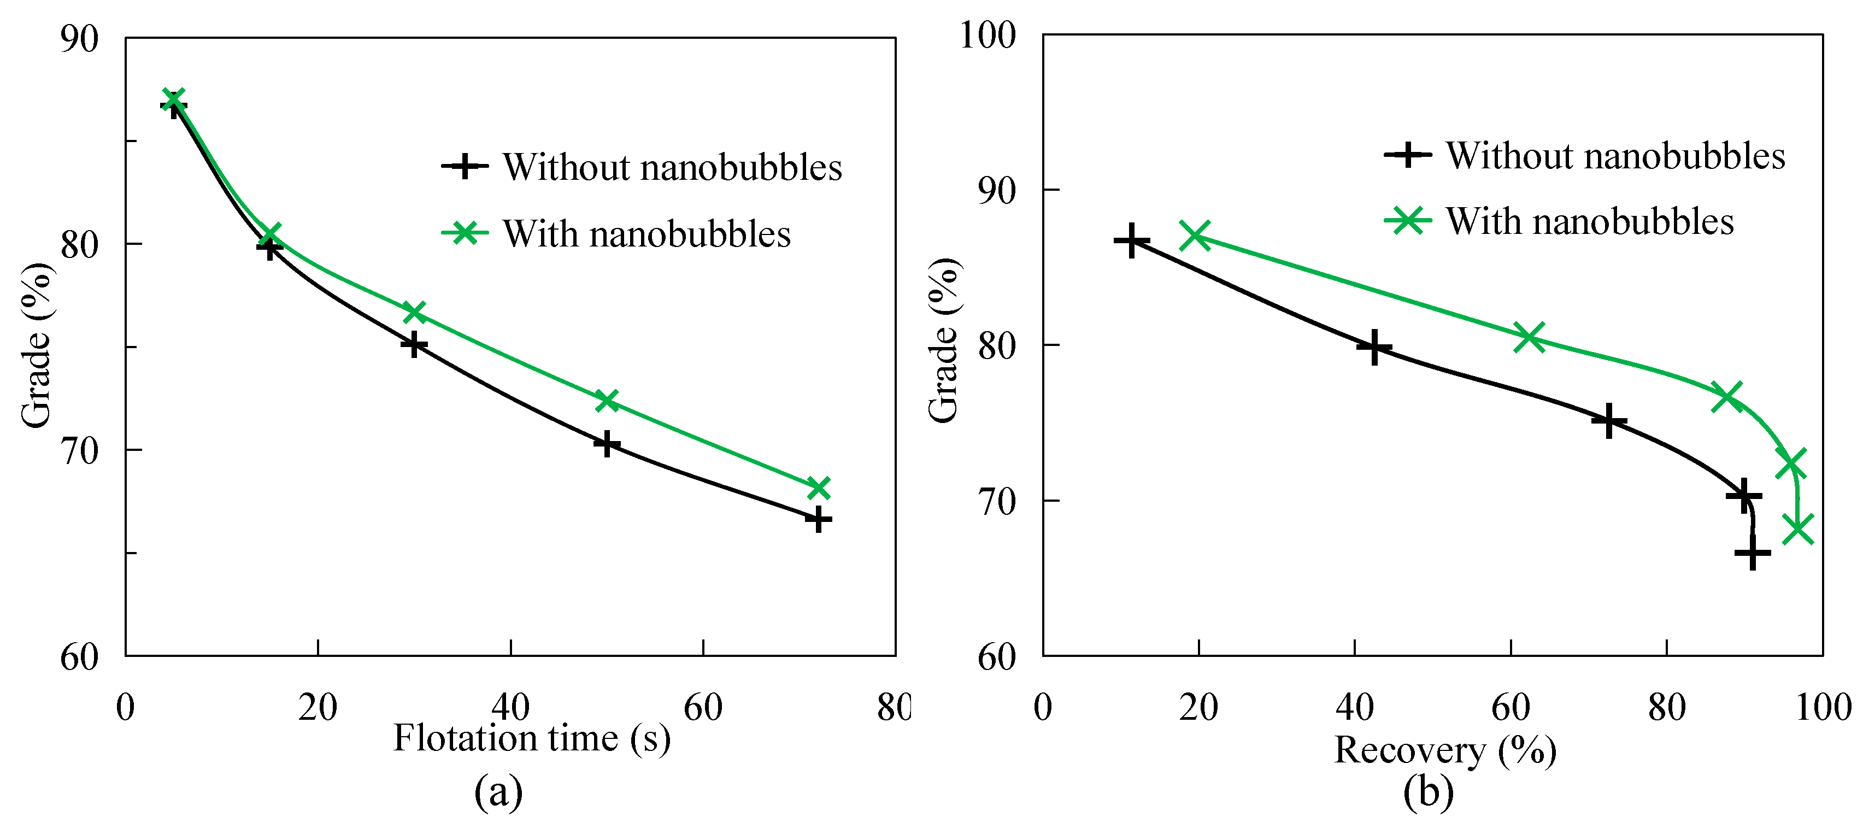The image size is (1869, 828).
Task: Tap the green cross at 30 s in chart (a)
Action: coord(414,312)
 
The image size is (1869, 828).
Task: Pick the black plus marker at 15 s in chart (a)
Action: coord(269,248)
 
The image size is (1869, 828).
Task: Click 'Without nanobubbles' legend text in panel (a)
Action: coord(672,168)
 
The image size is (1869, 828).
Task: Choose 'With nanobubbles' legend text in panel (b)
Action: coord(1589,221)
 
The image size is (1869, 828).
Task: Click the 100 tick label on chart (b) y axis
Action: coord(988,35)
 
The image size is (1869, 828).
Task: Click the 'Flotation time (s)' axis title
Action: coord(532,739)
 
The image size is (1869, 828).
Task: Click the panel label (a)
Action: coord(498,792)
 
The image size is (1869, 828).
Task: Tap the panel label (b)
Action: coord(1428,792)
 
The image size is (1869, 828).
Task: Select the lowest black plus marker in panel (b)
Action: coord(1752,553)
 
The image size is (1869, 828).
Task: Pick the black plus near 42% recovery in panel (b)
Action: coord(1373,348)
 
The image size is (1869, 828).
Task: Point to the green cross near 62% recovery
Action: coord(1529,337)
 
